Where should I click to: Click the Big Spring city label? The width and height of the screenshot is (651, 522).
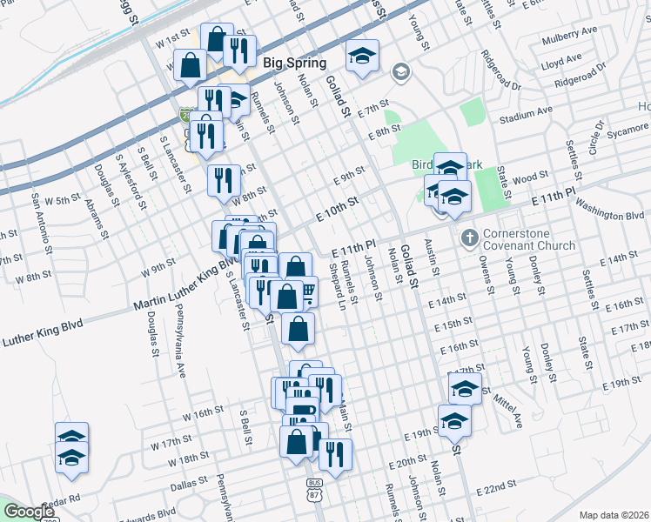point(294,63)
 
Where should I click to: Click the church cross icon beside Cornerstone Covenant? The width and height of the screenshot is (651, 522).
point(469,237)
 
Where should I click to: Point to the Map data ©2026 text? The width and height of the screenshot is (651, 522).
point(614,514)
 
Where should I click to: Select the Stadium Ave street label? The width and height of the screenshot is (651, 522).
point(527,112)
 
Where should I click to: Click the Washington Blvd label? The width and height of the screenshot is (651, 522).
point(610,212)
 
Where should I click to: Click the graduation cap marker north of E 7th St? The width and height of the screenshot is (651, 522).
point(362,57)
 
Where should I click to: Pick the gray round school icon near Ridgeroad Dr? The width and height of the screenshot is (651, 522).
point(400,71)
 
